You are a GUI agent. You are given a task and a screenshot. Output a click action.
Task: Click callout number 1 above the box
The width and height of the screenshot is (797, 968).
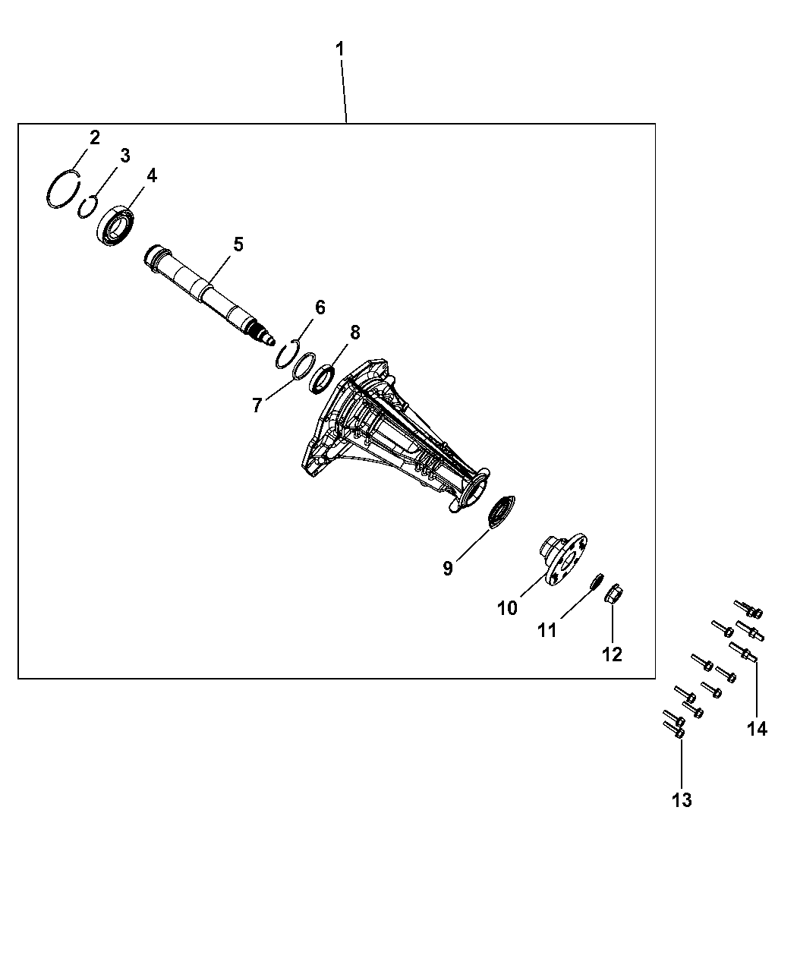tap(340, 49)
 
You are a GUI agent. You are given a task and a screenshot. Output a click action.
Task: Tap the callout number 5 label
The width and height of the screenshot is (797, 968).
tap(238, 244)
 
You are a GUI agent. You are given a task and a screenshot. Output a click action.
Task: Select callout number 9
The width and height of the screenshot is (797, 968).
tap(447, 569)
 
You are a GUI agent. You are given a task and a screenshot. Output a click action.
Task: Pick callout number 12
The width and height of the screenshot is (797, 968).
tap(612, 654)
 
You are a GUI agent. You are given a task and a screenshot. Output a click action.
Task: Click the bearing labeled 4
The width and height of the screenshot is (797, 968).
tap(116, 225)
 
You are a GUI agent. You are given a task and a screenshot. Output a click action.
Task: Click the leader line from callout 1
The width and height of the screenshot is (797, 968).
tap(344, 91)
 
